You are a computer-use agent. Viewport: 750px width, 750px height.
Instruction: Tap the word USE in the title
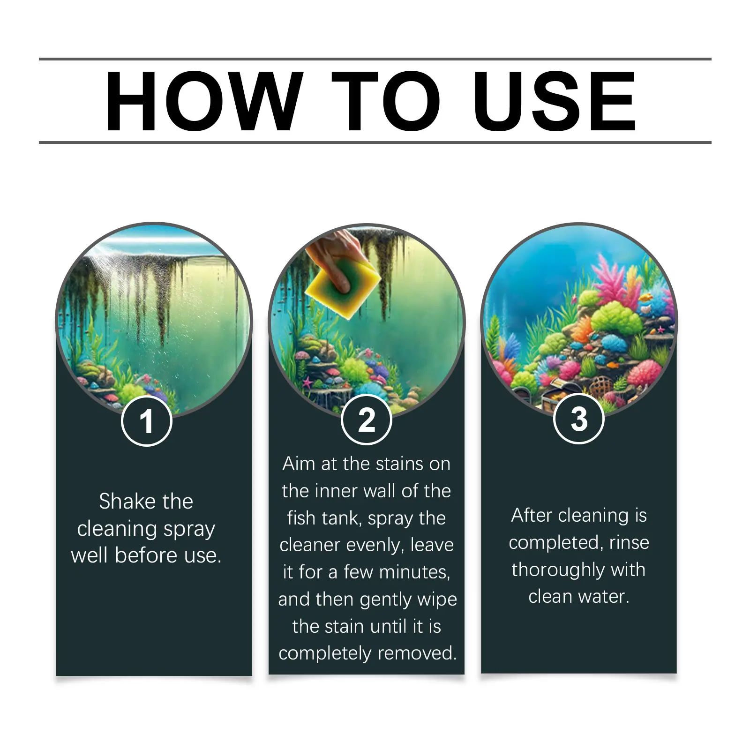pos(554,101)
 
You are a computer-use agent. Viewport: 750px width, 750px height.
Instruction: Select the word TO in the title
pos(386,101)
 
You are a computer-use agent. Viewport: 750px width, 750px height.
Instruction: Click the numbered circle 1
pos(147,420)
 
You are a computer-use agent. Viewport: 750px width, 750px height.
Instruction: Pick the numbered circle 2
pos(367,420)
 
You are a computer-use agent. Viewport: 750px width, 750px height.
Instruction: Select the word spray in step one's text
pos(189,530)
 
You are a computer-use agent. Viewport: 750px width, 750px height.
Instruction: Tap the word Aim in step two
pos(299,464)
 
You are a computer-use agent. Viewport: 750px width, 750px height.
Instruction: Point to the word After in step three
pos(532,515)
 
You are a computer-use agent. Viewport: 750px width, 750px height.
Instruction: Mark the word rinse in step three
pos(629,543)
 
